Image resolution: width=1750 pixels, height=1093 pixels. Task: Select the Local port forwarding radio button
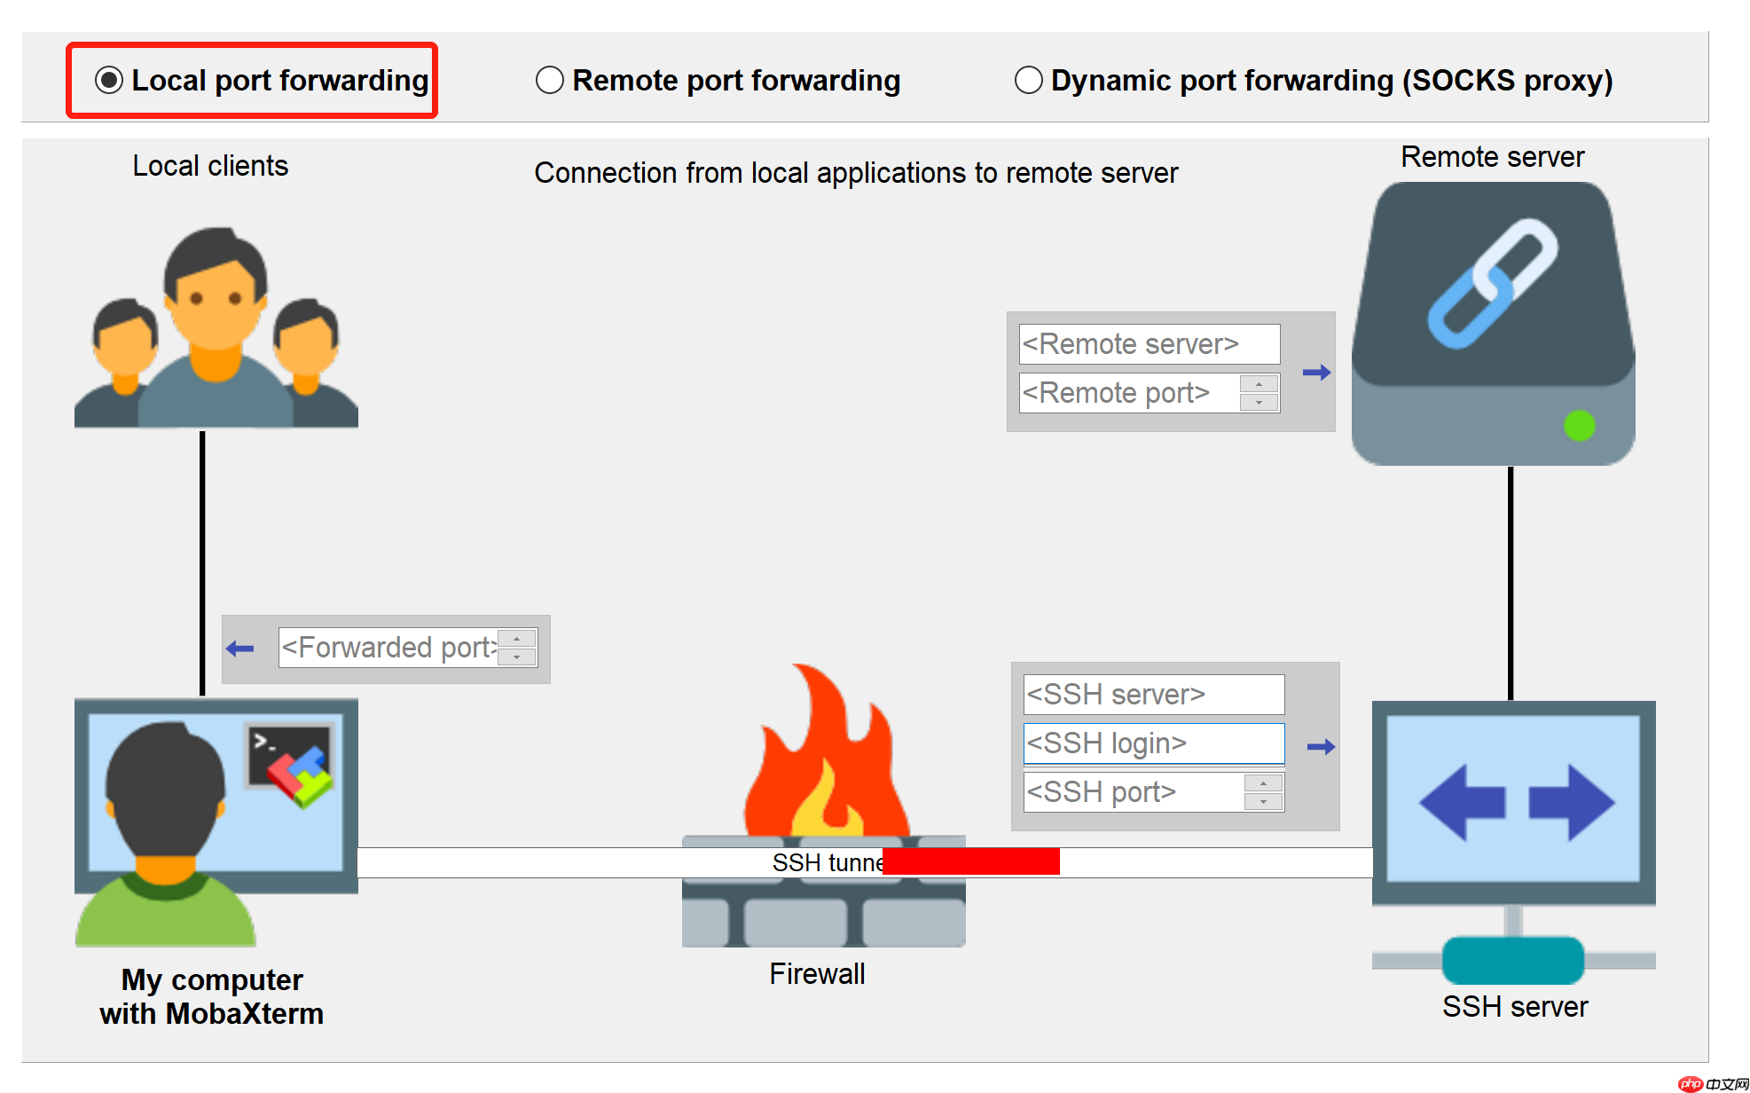click(x=109, y=81)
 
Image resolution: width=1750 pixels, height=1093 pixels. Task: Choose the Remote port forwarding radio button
click(x=550, y=81)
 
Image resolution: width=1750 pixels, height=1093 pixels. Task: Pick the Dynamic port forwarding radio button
click(x=1028, y=81)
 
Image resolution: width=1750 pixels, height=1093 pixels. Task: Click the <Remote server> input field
click(x=1149, y=344)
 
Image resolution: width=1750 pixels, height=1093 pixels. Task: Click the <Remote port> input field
click(x=1128, y=393)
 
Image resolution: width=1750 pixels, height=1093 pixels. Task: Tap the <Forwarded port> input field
click(x=388, y=648)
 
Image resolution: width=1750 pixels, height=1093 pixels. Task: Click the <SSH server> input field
click(x=1153, y=695)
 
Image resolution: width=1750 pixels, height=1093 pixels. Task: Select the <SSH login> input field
click(x=1153, y=743)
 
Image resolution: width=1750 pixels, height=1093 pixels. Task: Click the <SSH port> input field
click(x=1133, y=792)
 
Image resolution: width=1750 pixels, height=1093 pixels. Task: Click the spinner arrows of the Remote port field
click(x=1259, y=393)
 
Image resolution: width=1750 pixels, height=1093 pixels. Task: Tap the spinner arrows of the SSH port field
click(x=1263, y=792)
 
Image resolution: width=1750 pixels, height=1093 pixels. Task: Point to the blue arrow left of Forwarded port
click(x=240, y=649)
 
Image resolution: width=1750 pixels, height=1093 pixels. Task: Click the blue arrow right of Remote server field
click(x=1316, y=373)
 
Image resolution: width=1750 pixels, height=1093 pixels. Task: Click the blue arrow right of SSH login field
click(x=1321, y=747)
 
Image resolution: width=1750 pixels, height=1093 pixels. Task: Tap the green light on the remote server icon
click(x=1579, y=426)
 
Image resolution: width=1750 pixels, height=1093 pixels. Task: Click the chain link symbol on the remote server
click(x=1492, y=282)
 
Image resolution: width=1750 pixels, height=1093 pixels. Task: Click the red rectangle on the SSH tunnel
click(x=970, y=861)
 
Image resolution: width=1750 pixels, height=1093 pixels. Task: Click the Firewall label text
click(x=817, y=974)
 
